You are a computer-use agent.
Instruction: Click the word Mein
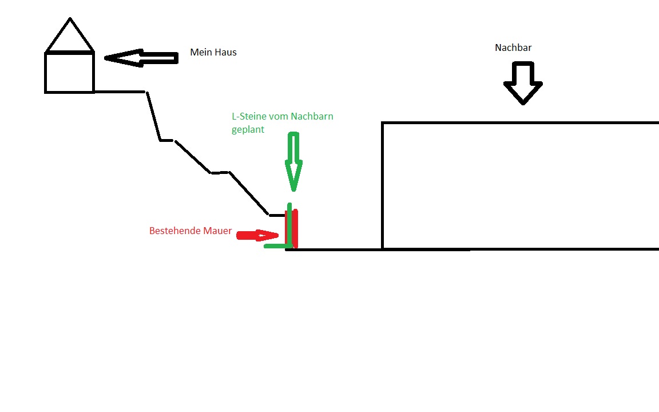[200, 52]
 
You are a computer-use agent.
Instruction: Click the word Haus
[225, 52]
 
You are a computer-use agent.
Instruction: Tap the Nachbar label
[513, 47]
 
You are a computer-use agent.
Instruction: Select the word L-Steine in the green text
[249, 117]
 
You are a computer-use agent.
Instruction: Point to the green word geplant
[248, 129]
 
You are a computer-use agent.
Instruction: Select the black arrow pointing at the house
[141, 58]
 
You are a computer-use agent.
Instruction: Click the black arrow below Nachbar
[523, 83]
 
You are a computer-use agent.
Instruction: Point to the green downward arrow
[293, 162]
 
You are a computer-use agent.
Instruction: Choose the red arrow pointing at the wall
[257, 235]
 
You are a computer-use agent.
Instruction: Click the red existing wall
[292, 229]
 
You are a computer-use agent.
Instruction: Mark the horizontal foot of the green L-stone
[277, 246]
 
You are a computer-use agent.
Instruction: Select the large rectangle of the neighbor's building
[383, 185]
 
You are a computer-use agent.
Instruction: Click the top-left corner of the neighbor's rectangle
[383, 123]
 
